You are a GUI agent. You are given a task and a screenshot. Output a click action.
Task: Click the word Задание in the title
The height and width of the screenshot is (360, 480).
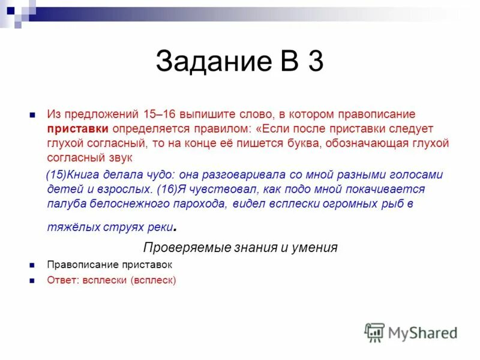pos(210,62)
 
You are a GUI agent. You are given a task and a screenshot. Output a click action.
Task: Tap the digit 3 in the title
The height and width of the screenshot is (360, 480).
pos(316,62)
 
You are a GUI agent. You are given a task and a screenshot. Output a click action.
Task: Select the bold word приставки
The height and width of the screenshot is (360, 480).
pos(78,128)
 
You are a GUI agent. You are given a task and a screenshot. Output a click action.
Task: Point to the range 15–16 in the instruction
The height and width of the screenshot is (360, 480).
pos(158,114)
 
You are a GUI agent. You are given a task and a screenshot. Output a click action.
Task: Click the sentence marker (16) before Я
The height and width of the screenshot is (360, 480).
pos(167,190)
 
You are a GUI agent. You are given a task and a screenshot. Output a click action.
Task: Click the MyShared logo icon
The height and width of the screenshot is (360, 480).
pos(374,332)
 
